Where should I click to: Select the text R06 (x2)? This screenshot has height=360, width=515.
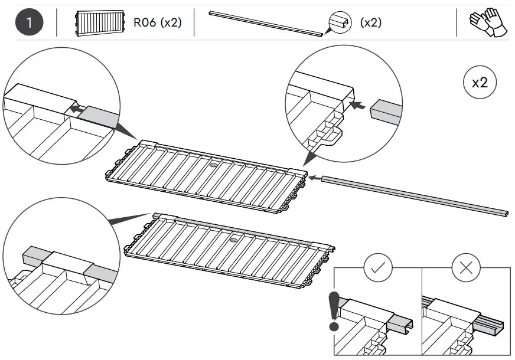158,24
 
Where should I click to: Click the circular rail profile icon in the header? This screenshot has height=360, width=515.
340,23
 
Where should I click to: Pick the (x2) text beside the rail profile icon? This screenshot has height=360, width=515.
370,24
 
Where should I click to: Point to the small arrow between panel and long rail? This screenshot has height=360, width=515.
315,176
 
